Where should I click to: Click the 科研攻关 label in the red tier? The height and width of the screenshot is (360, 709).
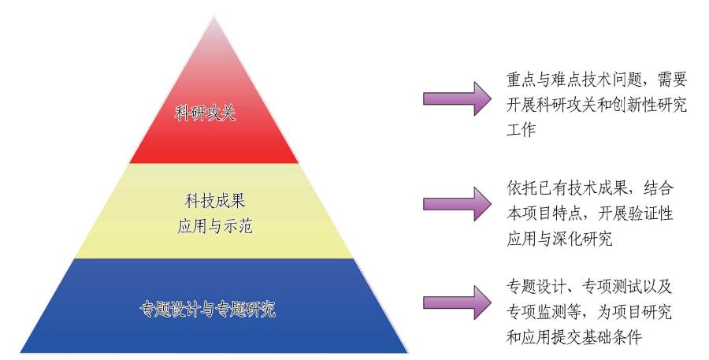click(x=206, y=113)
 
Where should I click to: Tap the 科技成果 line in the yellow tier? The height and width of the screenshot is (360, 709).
click(x=215, y=200)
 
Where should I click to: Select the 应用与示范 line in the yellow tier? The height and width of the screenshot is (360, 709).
click(x=215, y=225)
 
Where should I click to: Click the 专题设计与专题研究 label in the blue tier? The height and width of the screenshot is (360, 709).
click(x=207, y=310)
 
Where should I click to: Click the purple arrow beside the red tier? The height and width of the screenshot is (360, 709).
click(x=457, y=98)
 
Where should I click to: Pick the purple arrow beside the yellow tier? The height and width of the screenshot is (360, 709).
click(x=457, y=204)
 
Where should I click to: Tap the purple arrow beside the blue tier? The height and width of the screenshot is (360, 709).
click(x=457, y=302)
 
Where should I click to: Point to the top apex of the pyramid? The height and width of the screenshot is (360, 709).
click(x=213, y=16)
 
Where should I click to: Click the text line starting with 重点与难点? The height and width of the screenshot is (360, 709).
click(x=597, y=80)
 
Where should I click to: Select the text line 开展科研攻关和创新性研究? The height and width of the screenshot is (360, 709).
click(x=597, y=105)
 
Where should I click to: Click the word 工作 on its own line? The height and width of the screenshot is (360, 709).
click(x=521, y=130)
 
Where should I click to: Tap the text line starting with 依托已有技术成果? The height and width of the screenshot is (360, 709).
click(x=590, y=188)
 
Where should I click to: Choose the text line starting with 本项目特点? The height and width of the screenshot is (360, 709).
click(x=590, y=213)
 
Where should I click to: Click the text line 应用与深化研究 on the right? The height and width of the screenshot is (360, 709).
click(x=559, y=238)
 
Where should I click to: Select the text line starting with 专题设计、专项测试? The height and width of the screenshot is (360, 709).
click(x=589, y=287)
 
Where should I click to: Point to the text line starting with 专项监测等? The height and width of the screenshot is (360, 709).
click(x=589, y=312)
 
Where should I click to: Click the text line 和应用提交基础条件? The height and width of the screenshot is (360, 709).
click(x=574, y=336)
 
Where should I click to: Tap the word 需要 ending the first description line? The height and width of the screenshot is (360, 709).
click(x=673, y=80)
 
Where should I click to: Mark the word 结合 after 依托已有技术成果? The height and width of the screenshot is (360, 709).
click(x=659, y=188)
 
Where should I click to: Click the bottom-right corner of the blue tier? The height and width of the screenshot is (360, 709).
click(x=408, y=352)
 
